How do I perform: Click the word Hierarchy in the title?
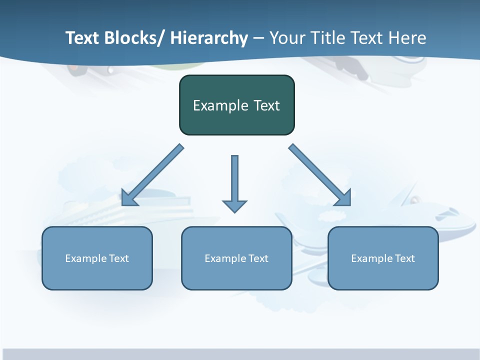coord(209,38)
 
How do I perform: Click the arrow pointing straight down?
coord(234,180)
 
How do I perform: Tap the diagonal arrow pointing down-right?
coord(320,175)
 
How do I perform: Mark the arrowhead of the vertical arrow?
coord(234,206)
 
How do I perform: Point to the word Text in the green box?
coord(266,105)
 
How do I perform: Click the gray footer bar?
coord(240,354)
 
